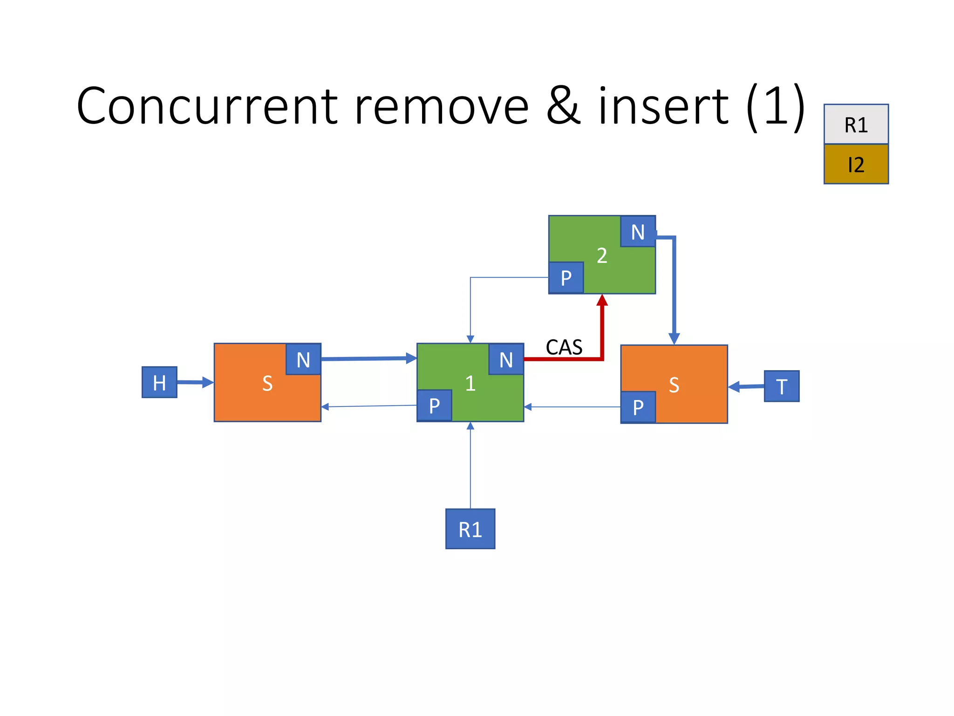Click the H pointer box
159,382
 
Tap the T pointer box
782,386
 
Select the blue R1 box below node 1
470,529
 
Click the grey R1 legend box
856,124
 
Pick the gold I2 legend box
856,164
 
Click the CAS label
564,347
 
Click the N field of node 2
638,232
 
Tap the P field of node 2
566,278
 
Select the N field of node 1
506,359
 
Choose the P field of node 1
434,406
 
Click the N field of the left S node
303,359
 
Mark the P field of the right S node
638,407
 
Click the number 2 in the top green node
602,255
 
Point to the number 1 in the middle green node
470,383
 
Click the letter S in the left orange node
267,383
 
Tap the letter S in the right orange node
674,385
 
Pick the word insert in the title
663,106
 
